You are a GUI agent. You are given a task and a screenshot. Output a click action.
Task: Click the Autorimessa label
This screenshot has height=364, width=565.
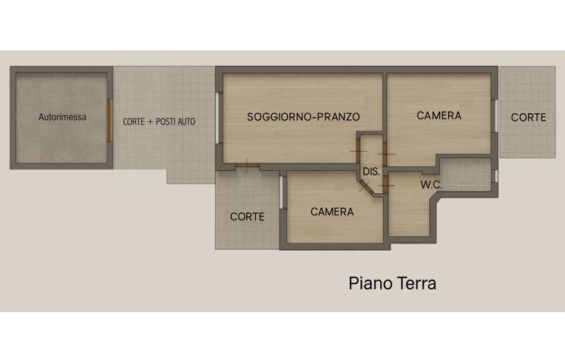(62, 117)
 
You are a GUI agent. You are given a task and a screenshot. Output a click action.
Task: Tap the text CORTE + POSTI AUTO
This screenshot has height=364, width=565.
(159, 122)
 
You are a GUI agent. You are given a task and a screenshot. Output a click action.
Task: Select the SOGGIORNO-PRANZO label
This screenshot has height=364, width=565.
(303, 117)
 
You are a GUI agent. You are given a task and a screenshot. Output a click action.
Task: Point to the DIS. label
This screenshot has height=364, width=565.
(371, 172)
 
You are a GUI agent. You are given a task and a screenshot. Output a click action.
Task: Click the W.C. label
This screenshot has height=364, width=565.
(431, 185)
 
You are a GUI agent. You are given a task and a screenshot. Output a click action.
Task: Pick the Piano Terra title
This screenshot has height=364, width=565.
(393, 283)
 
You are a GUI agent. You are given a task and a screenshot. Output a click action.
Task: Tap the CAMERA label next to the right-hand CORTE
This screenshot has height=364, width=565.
(439, 115)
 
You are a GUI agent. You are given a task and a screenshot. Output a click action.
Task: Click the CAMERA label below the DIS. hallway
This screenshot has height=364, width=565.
(332, 212)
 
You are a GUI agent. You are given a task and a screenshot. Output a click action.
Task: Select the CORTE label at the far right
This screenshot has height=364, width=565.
(528, 117)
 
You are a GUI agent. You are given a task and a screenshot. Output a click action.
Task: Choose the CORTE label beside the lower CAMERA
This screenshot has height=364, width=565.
(247, 217)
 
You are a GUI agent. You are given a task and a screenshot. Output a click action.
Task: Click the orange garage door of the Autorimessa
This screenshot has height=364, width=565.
(109, 121)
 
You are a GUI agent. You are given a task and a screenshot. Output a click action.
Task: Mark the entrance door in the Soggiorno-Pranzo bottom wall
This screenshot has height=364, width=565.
(248, 165)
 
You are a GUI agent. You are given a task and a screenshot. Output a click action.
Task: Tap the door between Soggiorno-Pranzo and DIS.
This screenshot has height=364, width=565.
(359, 152)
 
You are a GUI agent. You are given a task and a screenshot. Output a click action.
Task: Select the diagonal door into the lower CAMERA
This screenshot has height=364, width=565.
(365, 186)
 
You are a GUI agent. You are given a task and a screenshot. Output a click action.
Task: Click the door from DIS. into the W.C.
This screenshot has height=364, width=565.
(385, 185)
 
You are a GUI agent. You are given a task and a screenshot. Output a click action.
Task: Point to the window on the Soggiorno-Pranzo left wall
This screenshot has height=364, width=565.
(217, 118)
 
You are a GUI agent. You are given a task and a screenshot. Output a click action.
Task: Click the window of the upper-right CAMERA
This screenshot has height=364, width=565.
(495, 115)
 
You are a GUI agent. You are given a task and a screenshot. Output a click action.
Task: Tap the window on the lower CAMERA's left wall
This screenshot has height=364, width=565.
(282, 192)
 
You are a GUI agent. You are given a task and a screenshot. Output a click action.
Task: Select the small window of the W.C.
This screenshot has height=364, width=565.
(495, 176)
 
